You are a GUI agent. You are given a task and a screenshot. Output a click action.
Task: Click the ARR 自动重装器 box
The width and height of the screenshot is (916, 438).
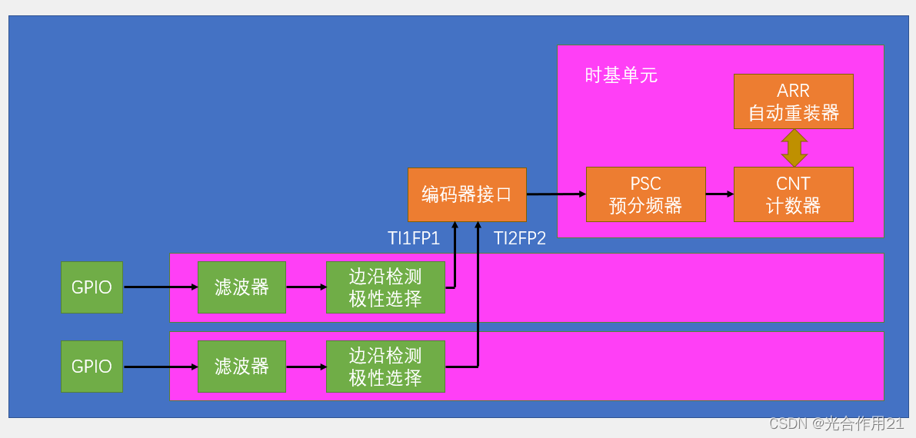pyautogui.click(x=793, y=101)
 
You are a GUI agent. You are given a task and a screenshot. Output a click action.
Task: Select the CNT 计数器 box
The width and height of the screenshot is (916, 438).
pyautogui.click(x=793, y=194)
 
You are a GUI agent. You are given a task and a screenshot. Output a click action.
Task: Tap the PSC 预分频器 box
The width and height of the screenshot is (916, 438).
pyautogui.click(x=645, y=194)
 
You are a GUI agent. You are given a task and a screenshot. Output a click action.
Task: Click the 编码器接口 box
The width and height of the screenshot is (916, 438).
pyautogui.click(x=467, y=194)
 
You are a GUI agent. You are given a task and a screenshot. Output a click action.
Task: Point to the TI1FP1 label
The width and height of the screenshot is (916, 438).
pyautogui.click(x=413, y=238)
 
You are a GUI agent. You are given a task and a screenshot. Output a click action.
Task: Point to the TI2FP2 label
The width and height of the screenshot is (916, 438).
pyautogui.click(x=519, y=238)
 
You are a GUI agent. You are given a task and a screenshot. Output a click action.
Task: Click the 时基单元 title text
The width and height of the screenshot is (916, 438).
pyautogui.click(x=621, y=75)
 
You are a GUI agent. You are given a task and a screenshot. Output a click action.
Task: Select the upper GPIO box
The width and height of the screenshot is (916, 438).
pyautogui.click(x=92, y=287)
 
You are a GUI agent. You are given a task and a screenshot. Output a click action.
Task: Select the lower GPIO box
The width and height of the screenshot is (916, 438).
pyautogui.click(x=92, y=367)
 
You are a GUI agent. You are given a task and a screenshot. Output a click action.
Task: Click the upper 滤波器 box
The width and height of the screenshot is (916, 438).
pyautogui.click(x=241, y=287)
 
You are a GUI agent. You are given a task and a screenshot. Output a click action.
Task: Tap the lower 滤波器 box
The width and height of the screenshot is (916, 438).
pyautogui.click(x=241, y=367)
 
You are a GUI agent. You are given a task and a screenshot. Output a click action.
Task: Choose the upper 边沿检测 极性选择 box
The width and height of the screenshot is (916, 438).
pyautogui.click(x=385, y=287)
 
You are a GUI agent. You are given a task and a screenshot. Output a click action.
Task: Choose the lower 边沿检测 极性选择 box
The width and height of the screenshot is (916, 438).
pyautogui.click(x=385, y=367)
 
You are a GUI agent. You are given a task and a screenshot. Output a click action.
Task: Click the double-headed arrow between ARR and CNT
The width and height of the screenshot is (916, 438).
pyautogui.click(x=794, y=148)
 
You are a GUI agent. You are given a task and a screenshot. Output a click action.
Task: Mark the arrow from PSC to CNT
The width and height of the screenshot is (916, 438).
pyautogui.click(x=720, y=194)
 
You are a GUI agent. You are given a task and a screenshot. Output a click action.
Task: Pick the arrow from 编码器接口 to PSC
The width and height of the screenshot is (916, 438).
pyautogui.click(x=556, y=194)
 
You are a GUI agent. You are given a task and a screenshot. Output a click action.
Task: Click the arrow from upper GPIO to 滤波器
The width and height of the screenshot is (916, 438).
pyautogui.click(x=160, y=287)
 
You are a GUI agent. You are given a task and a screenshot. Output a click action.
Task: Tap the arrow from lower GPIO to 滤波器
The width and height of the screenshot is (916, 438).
pyautogui.click(x=160, y=367)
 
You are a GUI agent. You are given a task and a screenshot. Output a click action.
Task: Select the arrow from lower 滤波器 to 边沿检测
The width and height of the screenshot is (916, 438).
pyautogui.click(x=305, y=367)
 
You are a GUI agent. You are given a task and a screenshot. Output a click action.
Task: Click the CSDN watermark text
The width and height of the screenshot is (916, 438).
pyautogui.click(x=837, y=423)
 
